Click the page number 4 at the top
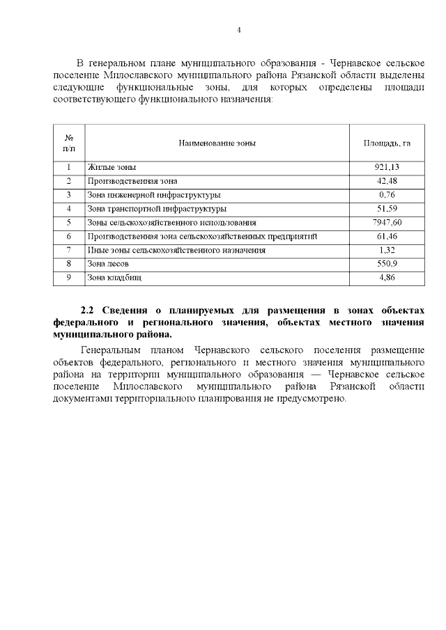pos(238,31)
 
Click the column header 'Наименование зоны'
pos(217,143)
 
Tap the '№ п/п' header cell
pos(69,143)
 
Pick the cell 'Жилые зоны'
pos(111,168)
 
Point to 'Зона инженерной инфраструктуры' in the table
pos(154,195)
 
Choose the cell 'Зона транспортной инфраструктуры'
pos(156,209)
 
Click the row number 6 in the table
pos(69,237)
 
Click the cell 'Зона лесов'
pos(107,264)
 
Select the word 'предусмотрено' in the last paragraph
pos(311,400)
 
